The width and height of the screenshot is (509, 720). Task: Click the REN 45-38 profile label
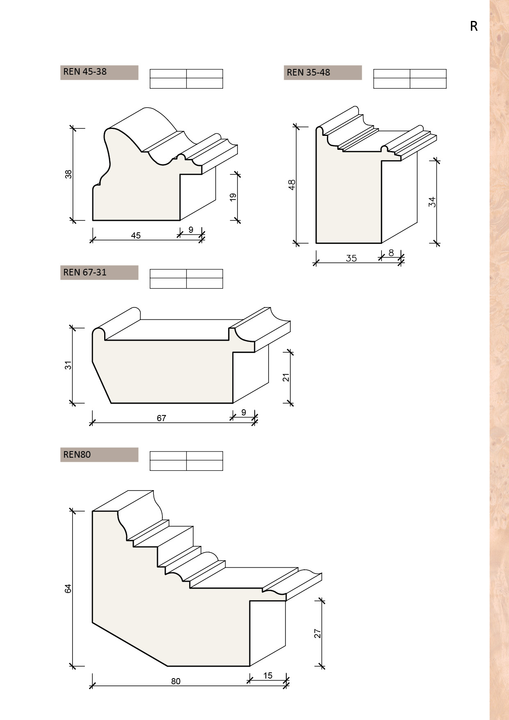pos(85,72)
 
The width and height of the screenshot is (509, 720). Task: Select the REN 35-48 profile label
pos(308,73)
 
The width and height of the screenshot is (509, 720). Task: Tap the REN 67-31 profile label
pos(85,273)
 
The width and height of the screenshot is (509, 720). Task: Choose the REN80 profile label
pos(77,455)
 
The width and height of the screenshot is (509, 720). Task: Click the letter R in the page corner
pos(474,26)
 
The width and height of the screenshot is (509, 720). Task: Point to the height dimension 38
pos(68,174)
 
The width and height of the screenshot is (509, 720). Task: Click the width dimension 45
pos(136,236)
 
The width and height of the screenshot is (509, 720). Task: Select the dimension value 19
pos(233,197)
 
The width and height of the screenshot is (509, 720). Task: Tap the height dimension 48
pos(292,185)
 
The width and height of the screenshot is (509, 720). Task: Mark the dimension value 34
pos(432,202)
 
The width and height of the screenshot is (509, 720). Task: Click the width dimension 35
pos(352,259)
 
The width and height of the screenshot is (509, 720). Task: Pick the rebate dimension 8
pos(391,253)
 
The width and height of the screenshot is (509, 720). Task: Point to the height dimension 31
pos(68,365)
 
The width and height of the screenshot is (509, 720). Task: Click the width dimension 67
pos(162,418)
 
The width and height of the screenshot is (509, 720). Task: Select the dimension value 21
pos(286,377)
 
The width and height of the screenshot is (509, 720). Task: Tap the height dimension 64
pos(68,588)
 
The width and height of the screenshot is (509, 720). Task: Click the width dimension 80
pos(176,681)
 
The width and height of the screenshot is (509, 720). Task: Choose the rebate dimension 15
pos(268,676)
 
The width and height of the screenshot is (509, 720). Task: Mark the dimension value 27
pos(317,633)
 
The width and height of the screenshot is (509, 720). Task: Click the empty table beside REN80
pos(186,461)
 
